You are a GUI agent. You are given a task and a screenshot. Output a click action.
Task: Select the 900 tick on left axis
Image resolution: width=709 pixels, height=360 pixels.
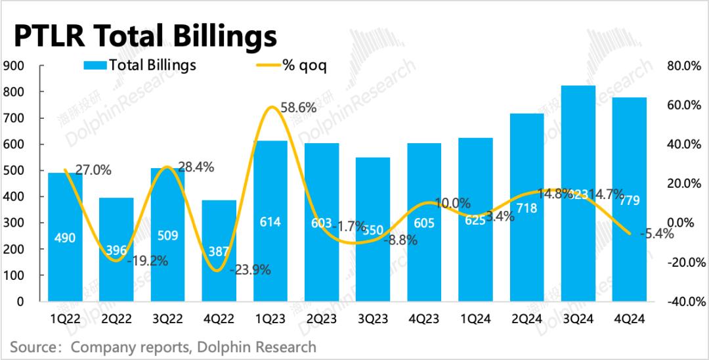click(x=14, y=66)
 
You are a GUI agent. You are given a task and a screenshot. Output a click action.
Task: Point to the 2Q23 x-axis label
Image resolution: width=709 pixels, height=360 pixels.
click(x=321, y=319)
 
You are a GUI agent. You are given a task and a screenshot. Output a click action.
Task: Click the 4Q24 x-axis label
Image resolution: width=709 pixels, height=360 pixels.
click(x=630, y=319)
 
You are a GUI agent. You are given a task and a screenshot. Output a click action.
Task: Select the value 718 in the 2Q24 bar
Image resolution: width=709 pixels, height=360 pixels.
click(x=526, y=209)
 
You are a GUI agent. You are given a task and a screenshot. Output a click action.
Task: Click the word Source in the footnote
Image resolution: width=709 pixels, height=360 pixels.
click(x=32, y=346)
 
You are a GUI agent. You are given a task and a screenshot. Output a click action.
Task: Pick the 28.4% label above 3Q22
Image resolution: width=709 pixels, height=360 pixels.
click(x=196, y=168)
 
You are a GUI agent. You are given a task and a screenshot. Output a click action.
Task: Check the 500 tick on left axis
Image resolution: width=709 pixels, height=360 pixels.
click(x=14, y=171)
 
